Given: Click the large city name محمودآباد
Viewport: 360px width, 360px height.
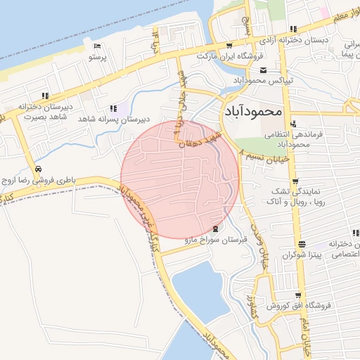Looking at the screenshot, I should [x=254, y=110].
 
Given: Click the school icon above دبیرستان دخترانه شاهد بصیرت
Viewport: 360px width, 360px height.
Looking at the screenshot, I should [x=46, y=95].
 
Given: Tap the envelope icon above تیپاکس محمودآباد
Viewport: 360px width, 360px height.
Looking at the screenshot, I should [x=263, y=70].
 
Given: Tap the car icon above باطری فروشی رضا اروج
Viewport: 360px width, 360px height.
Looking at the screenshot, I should [x=37, y=170].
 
